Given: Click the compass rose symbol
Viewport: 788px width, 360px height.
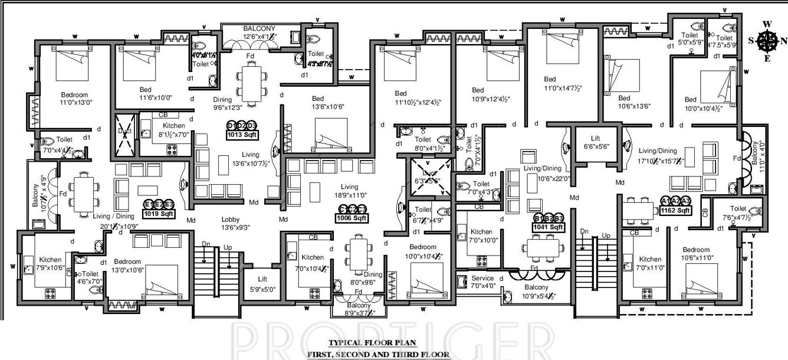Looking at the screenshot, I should coord(767,41).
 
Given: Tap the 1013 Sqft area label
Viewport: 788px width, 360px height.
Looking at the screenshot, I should coord(242,134).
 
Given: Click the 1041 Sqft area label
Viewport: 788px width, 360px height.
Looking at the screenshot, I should coord(548,227).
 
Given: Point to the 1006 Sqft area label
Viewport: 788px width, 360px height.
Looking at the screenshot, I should coord(353,218).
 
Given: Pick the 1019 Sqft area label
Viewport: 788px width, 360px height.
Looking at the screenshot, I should coord(159,214).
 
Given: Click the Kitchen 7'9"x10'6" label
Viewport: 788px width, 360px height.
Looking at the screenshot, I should coord(51,264).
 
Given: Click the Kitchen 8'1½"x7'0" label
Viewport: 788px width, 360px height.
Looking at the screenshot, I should coord(172,130).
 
